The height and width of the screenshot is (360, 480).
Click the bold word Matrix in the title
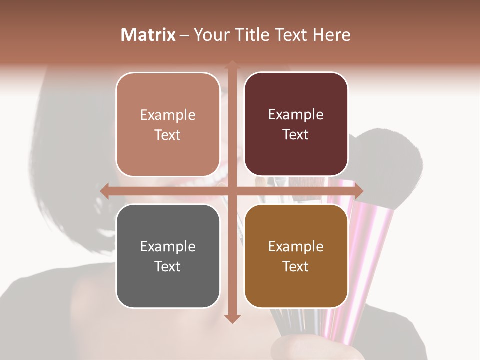(x=148, y=35)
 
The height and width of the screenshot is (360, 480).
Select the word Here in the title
(x=332, y=35)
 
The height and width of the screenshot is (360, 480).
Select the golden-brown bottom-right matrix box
(x=296, y=285)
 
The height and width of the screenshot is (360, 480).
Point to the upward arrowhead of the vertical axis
(x=232, y=65)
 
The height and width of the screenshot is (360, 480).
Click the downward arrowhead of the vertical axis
(x=232, y=319)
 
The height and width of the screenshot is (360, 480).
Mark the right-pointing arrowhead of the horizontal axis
(x=359, y=191)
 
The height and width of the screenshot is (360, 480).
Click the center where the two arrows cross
(x=232, y=191)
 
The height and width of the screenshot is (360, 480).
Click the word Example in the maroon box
(x=296, y=115)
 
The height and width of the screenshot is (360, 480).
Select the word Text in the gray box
(x=168, y=266)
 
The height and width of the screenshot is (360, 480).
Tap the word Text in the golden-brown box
(x=296, y=266)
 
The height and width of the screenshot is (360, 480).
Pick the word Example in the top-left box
(x=168, y=115)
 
